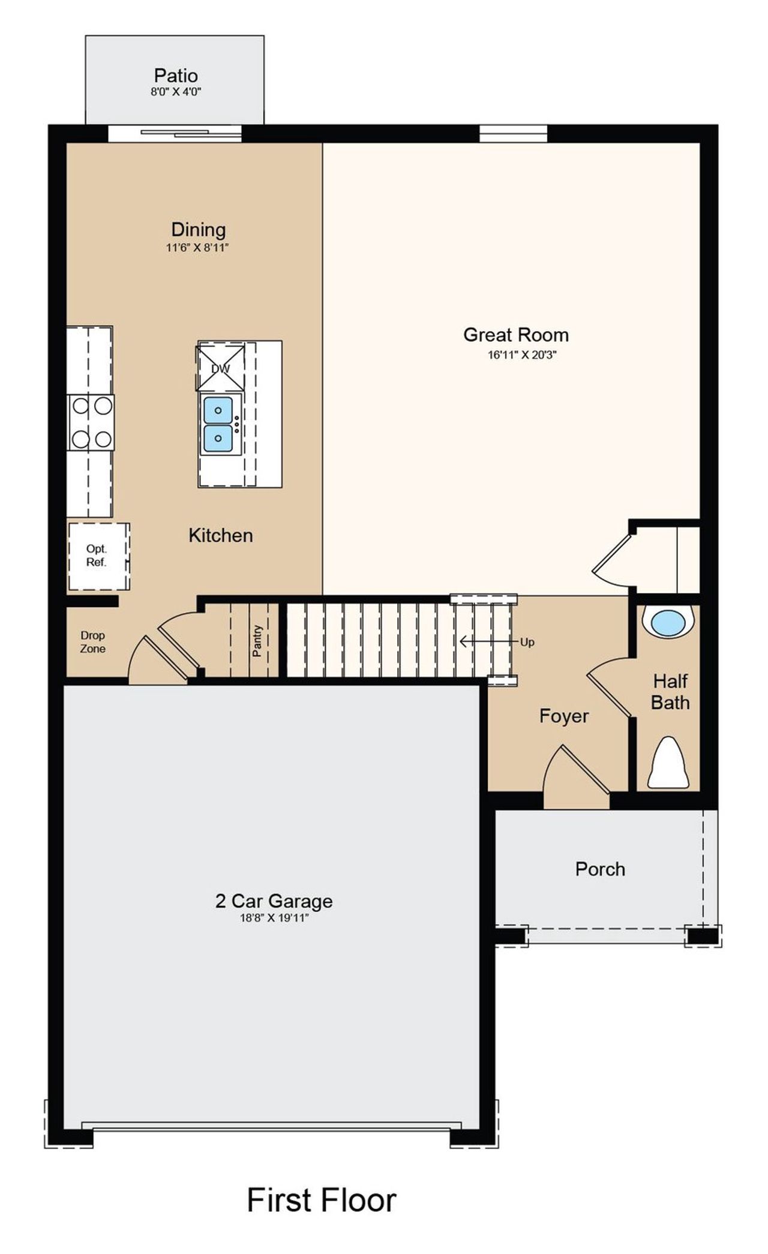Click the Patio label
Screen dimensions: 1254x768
pos(175,76)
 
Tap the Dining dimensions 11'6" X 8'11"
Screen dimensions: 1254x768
pos(198,248)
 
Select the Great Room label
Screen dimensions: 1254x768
pos(515,335)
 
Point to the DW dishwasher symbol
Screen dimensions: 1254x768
pos(221,368)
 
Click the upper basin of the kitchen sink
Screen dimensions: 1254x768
pos(218,410)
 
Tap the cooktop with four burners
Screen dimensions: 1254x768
pos(91,422)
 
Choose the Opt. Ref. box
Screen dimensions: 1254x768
pos(97,556)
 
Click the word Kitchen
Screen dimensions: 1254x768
pos(221,535)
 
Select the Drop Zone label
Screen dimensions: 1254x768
pos(93,641)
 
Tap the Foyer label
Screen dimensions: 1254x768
pos(564,716)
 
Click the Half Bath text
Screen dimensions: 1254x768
pos(670,692)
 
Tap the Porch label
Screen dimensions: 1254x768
pos(600,869)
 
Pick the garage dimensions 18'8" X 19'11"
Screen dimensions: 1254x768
pos(274,917)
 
